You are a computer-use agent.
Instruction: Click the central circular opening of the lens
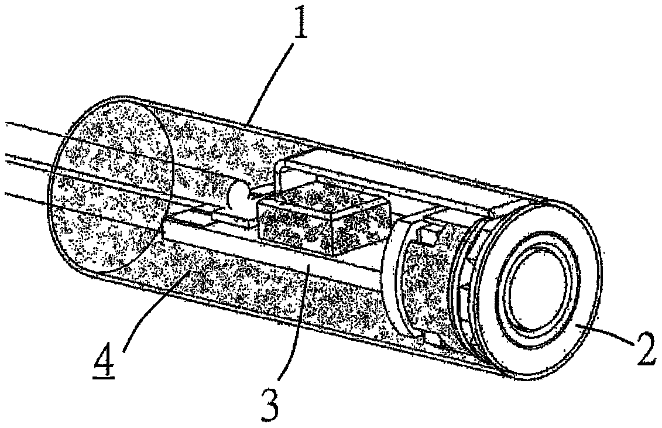[x=536, y=296]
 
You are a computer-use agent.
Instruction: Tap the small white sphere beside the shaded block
[x=239, y=196]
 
